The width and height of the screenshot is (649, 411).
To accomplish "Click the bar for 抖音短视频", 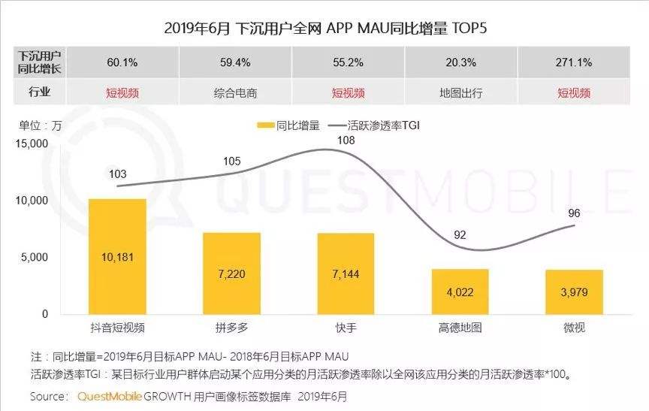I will click(x=117, y=256).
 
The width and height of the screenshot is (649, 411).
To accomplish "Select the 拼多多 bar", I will click(x=231, y=273).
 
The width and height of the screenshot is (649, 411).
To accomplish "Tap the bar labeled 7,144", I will click(x=346, y=273).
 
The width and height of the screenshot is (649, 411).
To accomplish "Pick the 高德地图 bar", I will click(x=460, y=292).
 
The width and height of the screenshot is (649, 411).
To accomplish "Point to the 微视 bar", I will click(x=574, y=292).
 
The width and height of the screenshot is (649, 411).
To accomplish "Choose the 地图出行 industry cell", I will click(x=460, y=93).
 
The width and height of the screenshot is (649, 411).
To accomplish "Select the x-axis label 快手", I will click(x=346, y=328).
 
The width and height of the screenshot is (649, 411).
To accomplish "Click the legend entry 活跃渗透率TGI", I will click(x=383, y=125).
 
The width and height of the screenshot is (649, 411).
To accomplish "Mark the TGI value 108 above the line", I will click(x=346, y=141).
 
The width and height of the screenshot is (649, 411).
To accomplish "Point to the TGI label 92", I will click(x=460, y=234).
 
